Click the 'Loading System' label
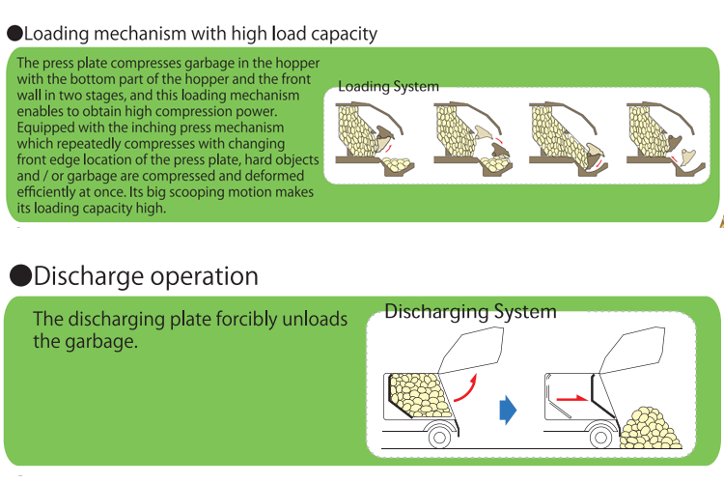[x=388, y=87]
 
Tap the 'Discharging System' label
[x=470, y=312]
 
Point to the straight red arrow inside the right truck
[x=573, y=396]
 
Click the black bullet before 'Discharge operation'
[x=20, y=277]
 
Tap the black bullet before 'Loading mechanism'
[x=14, y=34]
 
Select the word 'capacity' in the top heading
[x=343, y=34]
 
